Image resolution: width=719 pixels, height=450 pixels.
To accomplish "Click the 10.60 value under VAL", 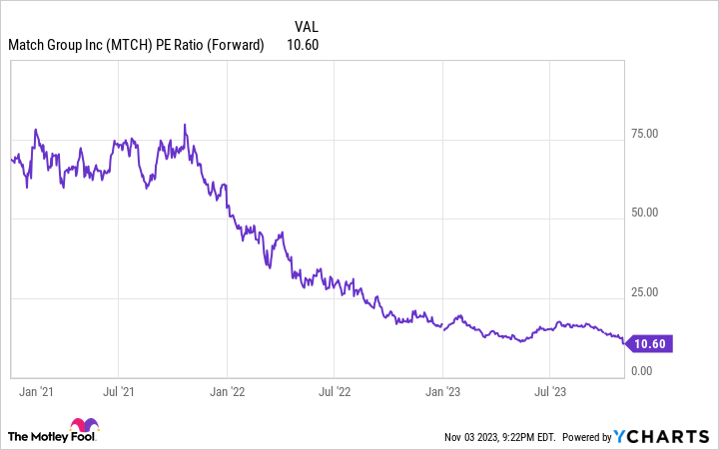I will point(302,44).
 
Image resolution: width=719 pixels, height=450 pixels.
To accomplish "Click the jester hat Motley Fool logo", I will point(85,427).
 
